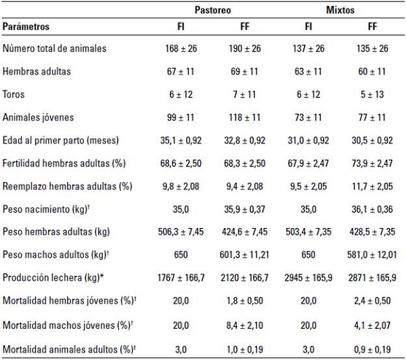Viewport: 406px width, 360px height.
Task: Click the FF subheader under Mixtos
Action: [x=371, y=27]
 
